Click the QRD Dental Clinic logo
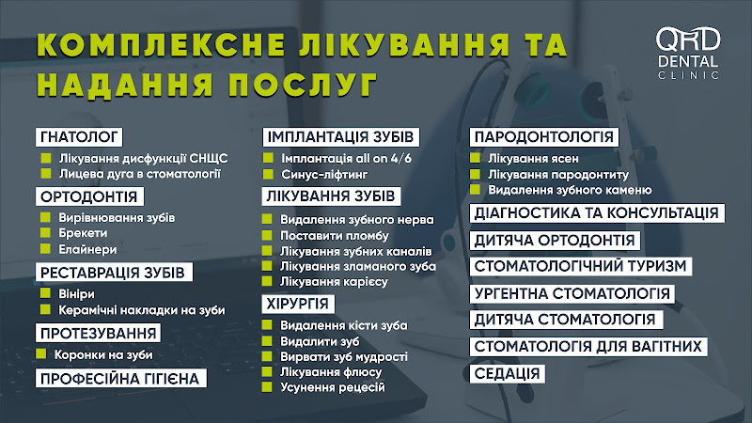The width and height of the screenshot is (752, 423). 688,53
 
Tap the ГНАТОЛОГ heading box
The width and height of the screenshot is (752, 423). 79,137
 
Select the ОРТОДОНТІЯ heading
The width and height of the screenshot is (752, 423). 89,196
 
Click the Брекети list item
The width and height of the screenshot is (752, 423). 83,233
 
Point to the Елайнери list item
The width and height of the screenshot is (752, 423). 87,249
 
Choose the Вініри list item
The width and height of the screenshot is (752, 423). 77,293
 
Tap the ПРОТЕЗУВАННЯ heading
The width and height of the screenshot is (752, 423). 99,333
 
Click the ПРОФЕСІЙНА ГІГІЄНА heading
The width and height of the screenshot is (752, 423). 121,379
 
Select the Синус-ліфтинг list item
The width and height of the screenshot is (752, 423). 324,174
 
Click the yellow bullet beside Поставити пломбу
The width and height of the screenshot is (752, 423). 267,235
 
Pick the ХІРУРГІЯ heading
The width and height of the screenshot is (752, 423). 298,304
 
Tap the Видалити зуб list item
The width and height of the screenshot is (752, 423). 320,341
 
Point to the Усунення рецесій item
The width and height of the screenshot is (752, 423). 333,387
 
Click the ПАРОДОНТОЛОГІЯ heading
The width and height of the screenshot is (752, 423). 544,137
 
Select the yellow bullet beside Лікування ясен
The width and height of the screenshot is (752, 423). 475,158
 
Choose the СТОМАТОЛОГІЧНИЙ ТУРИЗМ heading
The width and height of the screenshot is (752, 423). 580,266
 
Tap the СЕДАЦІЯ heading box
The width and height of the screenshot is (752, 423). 507,373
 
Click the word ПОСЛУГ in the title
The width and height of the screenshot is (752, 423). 303,85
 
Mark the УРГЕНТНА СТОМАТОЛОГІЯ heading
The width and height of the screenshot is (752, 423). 572,293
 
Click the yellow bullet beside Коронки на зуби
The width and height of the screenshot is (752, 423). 40,354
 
